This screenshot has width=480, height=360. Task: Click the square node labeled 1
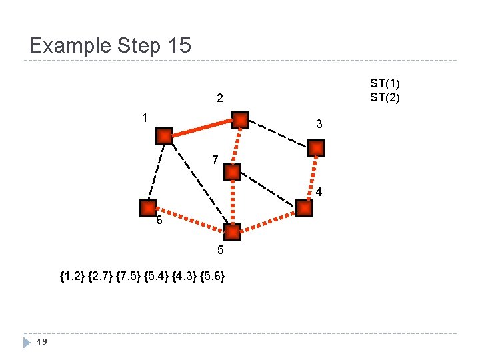click(164, 136)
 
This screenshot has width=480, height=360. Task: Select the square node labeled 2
click(240, 120)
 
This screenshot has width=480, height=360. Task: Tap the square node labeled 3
click(317, 148)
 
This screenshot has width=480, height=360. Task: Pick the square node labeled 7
click(232, 172)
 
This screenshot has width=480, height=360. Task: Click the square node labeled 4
click(304, 209)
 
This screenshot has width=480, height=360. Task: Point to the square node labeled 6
click(148, 208)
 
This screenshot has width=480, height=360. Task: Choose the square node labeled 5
click(232, 233)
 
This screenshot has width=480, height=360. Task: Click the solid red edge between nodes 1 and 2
click(202, 128)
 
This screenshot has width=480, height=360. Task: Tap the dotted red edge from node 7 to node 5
click(232, 203)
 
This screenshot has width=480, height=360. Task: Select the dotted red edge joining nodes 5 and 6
click(190, 221)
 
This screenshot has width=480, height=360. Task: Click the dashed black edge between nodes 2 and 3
click(279, 134)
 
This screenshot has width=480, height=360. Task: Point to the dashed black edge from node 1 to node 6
click(156, 172)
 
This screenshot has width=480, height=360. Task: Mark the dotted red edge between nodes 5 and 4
click(268, 221)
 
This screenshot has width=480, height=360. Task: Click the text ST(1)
click(385, 84)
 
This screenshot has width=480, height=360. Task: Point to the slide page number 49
click(41, 342)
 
